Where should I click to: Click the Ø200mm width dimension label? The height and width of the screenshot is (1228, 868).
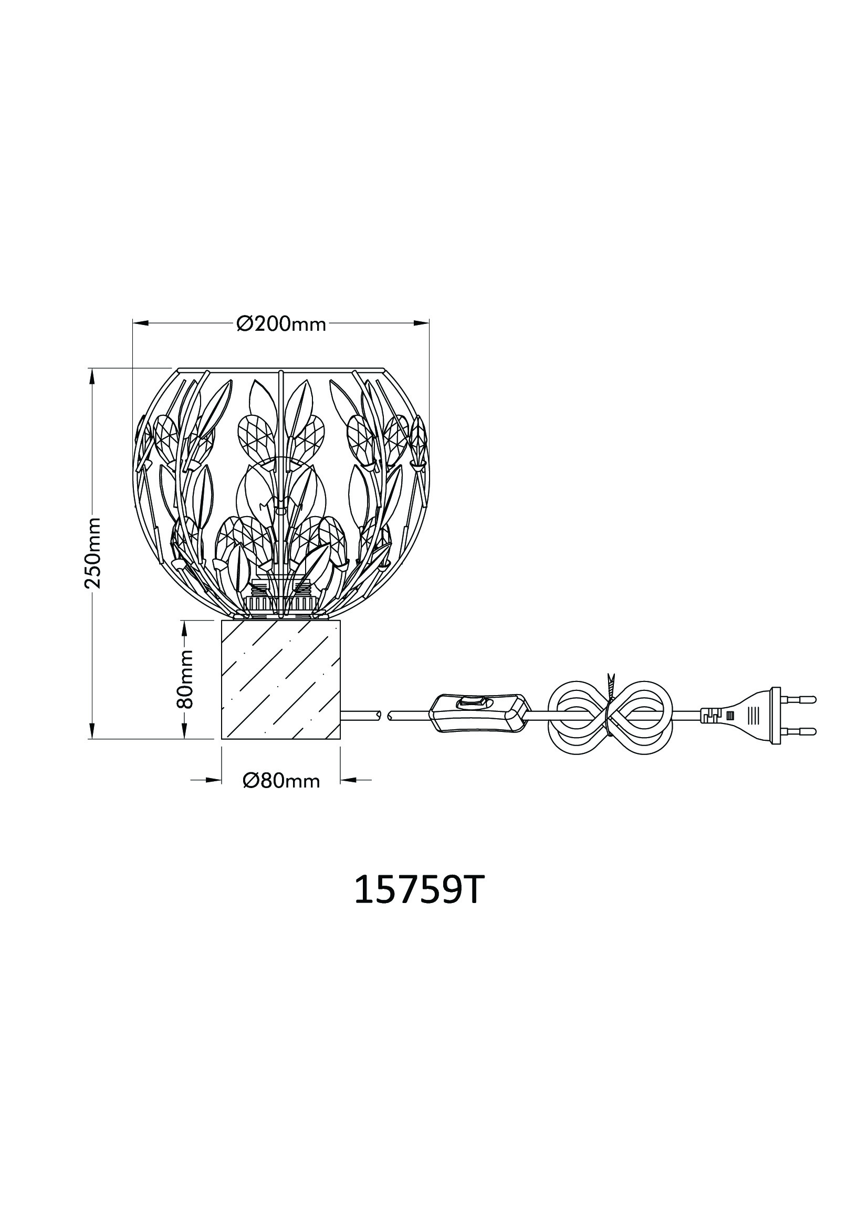click(281, 323)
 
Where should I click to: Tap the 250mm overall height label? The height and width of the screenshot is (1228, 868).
click(92, 552)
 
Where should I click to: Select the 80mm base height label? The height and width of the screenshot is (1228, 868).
click(184, 679)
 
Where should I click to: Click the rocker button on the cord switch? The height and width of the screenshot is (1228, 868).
click(472, 702)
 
